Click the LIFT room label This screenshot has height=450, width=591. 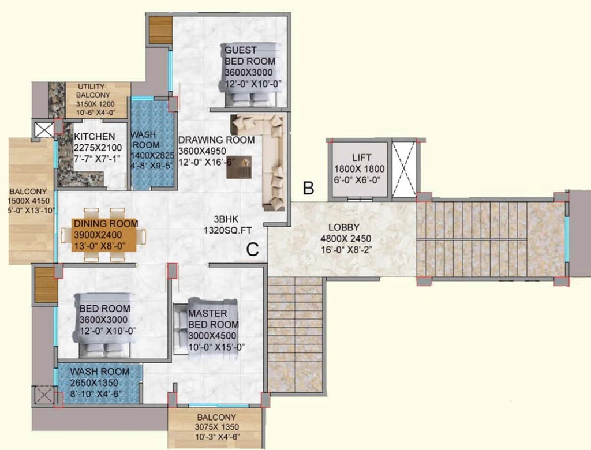tap(361, 157)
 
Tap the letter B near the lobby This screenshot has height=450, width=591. tap(309, 187)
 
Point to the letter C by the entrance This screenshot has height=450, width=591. tap(253, 249)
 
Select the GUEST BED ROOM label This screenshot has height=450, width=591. tap(250, 55)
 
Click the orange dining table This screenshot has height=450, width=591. tap(104, 235)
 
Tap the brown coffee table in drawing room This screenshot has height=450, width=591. tap(239, 167)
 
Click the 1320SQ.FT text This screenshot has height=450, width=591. tap(227, 230)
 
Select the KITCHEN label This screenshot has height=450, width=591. tap(94, 136)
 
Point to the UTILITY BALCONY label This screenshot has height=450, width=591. tap(93, 91)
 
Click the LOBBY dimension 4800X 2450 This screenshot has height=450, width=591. tap(345, 239)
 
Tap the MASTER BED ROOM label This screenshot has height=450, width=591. tap(214, 319)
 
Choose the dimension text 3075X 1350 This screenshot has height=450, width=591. tap(217, 427)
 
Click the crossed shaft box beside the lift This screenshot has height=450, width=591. tap(404, 168)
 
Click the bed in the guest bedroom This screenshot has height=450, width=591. tap(250, 74)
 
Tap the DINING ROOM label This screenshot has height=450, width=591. tap(106, 223)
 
